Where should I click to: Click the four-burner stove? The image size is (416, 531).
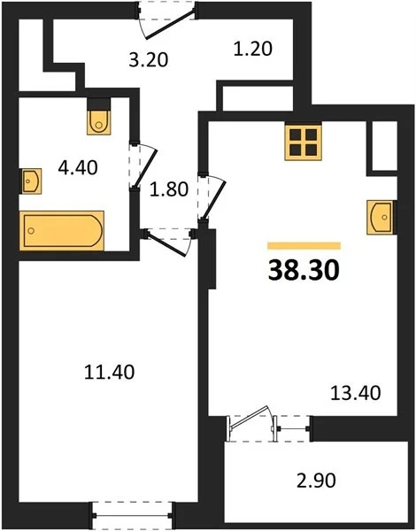pyautogui.click(x=302, y=141)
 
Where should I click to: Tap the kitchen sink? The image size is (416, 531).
pyautogui.click(x=382, y=214)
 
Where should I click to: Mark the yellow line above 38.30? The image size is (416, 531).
pyautogui.click(x=304, y=245)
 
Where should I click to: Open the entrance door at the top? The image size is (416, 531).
pyautogui.click(x=168, y=18)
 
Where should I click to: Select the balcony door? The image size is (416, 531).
pyautogui.click(x=254, y=424)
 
